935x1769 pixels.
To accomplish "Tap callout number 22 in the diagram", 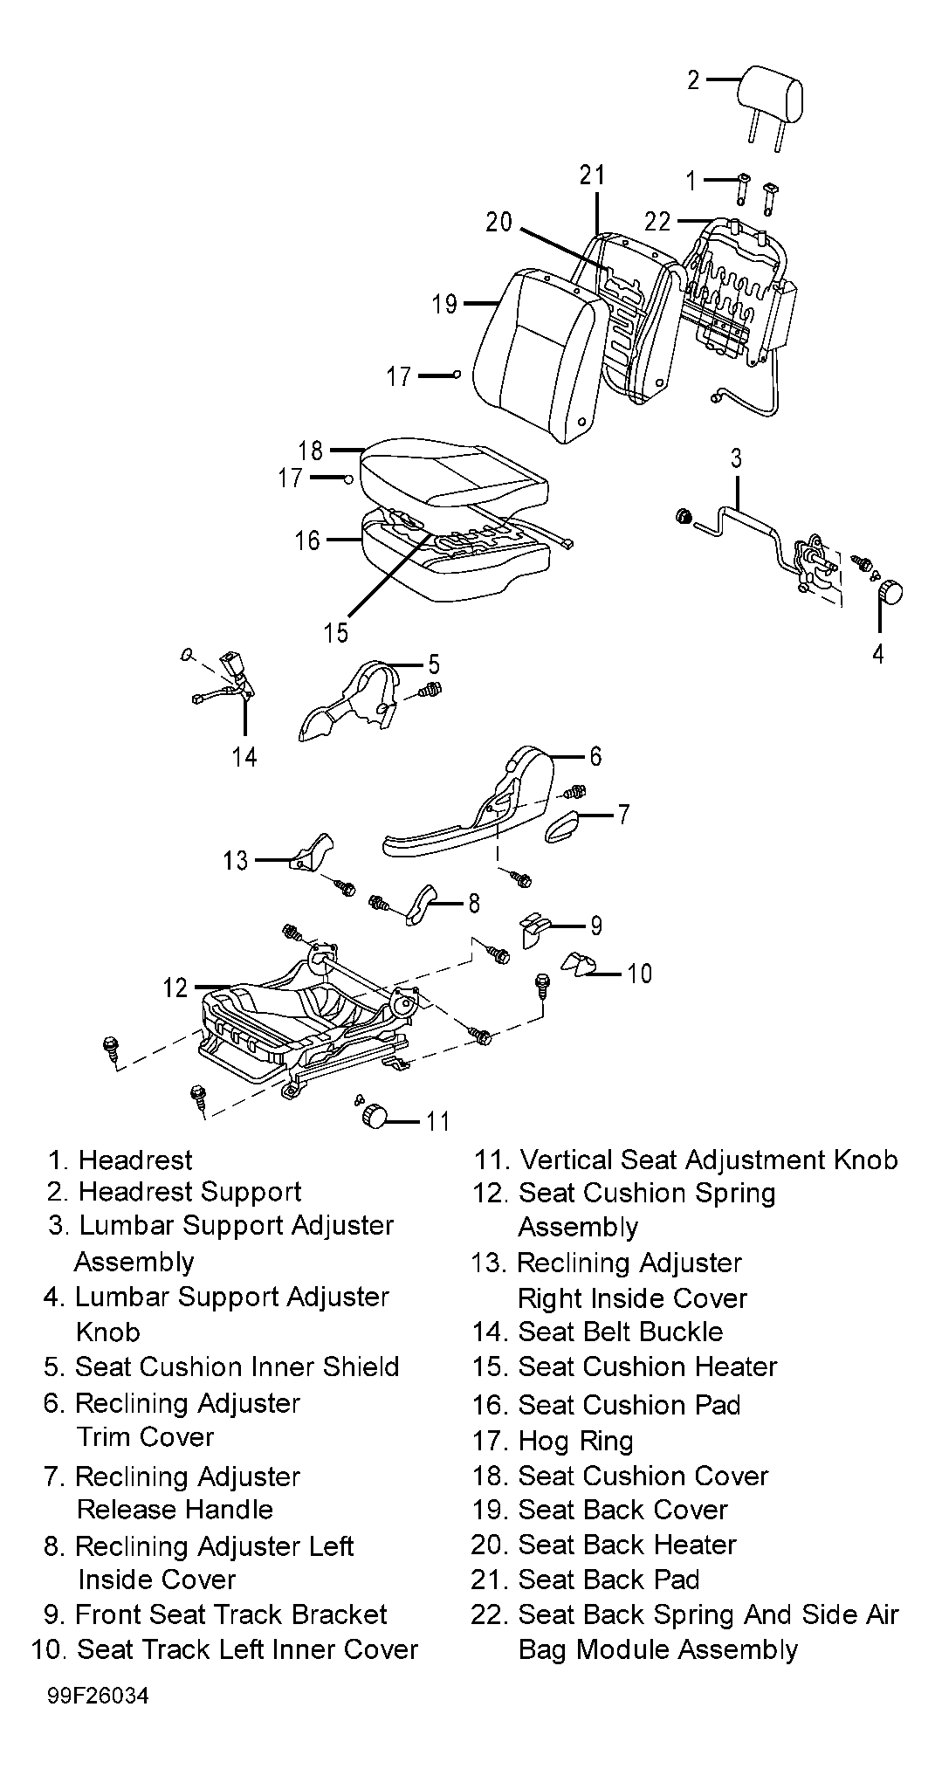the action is tap(658, 221).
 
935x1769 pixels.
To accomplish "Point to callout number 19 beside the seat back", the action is tap(444, 304).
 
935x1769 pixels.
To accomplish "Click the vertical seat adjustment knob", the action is tap(375, 1116).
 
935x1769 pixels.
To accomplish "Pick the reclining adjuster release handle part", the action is tap(566, 825).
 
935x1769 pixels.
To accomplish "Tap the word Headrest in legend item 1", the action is tap(135, 1160).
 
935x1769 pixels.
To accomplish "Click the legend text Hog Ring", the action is tap(575, 1441).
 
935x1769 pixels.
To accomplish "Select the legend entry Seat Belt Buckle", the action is tap(621, 1332).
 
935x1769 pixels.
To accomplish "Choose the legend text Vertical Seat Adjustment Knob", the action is tap(708, 1160).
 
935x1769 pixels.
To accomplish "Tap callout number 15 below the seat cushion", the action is tap(336, 631).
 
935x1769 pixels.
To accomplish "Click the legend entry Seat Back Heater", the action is tap(628, 1545).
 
